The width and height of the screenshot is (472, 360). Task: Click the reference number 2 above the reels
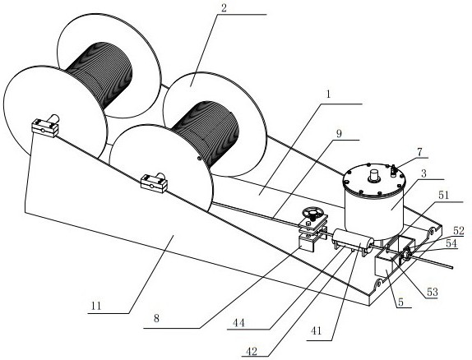pos(224,8)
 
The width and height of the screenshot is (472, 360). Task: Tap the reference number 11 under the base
pos(96,306)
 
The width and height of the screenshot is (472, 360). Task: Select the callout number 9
pos(340,134)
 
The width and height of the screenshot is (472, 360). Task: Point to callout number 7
pos(420,152)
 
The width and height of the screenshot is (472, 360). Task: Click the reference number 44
pos(238,323)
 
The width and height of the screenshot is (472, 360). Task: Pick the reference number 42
pos(252,351)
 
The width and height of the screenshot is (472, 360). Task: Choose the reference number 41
pos(316,331)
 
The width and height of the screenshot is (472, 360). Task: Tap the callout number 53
pos(432,292)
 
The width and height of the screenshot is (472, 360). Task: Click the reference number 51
pos(443,195)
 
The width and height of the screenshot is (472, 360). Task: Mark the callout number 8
pos(156,318)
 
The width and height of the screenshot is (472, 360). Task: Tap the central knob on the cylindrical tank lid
pos(374,176)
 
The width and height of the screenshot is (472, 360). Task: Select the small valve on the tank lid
pos(393,171)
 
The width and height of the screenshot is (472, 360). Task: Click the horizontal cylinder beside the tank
pos(353,242)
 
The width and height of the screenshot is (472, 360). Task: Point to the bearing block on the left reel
pos(45,127)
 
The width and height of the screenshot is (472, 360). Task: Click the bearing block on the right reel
pos(154,182)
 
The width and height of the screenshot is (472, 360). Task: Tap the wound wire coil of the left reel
pos(100,75)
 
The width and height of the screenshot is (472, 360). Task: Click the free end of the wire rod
pos(451,267)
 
